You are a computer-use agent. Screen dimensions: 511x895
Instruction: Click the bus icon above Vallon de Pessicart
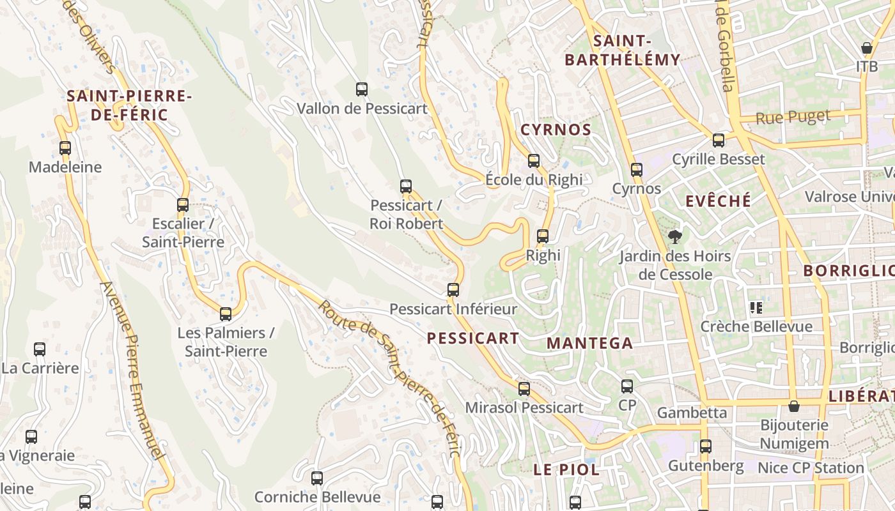[362, 89]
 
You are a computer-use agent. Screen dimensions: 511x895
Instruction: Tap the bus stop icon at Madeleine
[65, 148]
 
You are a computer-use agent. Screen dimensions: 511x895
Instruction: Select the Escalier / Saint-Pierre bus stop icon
[183, 205]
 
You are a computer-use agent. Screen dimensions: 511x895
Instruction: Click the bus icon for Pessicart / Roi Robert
[406, 187]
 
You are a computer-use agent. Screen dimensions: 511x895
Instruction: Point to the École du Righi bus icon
[534, 161]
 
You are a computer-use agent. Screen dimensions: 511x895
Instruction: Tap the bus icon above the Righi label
[543, 236]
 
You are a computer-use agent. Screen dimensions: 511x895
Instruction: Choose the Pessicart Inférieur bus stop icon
[453, 290]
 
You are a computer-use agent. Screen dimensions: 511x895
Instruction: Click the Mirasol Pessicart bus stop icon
[524, 388]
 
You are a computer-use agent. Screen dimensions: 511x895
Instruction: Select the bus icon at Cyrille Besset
[719, 141]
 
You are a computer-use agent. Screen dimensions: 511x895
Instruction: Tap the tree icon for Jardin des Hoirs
[674, 238]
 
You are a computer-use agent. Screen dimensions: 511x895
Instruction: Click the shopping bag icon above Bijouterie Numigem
[794, 406]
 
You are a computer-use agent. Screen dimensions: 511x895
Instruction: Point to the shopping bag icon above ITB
[867, 48]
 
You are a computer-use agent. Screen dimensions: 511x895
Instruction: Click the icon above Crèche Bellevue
[757, 308]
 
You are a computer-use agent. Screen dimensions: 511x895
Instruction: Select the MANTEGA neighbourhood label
[589, 343]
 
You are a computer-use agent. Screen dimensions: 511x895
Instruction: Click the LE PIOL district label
[566, 469]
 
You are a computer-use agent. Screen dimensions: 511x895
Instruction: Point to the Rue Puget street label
[793, 118]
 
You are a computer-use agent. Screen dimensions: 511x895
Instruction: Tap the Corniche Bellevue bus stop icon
[317, 478]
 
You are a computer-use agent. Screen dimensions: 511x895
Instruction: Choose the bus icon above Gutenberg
[706, 446]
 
